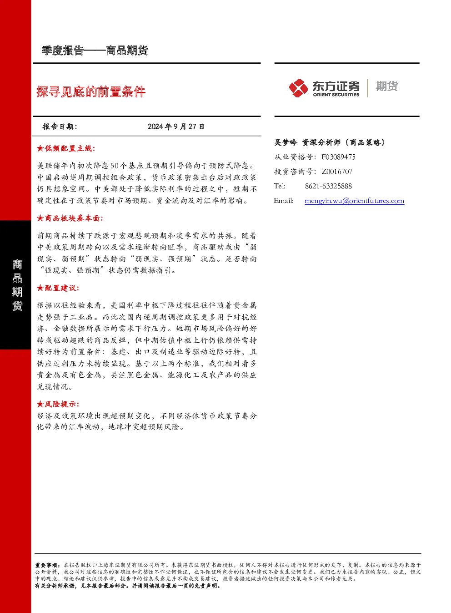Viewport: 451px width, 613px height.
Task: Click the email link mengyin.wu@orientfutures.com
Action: pos(354,201)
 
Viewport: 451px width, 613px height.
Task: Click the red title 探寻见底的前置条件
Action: pos(91,91)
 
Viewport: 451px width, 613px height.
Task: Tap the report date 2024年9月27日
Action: pos(176,127)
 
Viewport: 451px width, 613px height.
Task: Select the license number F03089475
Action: pos(338,157)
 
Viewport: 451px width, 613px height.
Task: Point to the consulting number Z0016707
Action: pos(337,172)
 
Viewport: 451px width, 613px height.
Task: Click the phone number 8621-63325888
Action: pos(328,186)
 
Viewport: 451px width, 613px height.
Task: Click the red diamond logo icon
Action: pos(298,88)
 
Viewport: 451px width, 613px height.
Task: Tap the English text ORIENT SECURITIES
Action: pos(336,95)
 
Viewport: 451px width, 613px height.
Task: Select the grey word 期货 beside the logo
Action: pos(387,86)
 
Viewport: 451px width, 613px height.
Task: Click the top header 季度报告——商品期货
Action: pos(95,51)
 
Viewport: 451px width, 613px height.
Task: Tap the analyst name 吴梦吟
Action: pos(286,142)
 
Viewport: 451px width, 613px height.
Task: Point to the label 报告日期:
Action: pos(60,127)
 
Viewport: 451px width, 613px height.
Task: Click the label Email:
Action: pos(283,201)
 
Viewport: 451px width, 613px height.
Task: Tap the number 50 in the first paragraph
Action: pos(115,166)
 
